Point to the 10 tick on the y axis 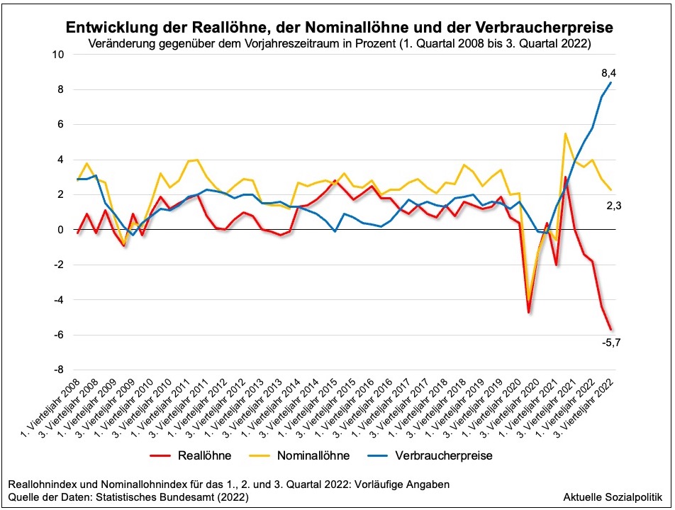pos(58,55)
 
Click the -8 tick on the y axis pos(60,370)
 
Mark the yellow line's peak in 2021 pos(565,133)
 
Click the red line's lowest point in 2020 pos(528,312)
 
